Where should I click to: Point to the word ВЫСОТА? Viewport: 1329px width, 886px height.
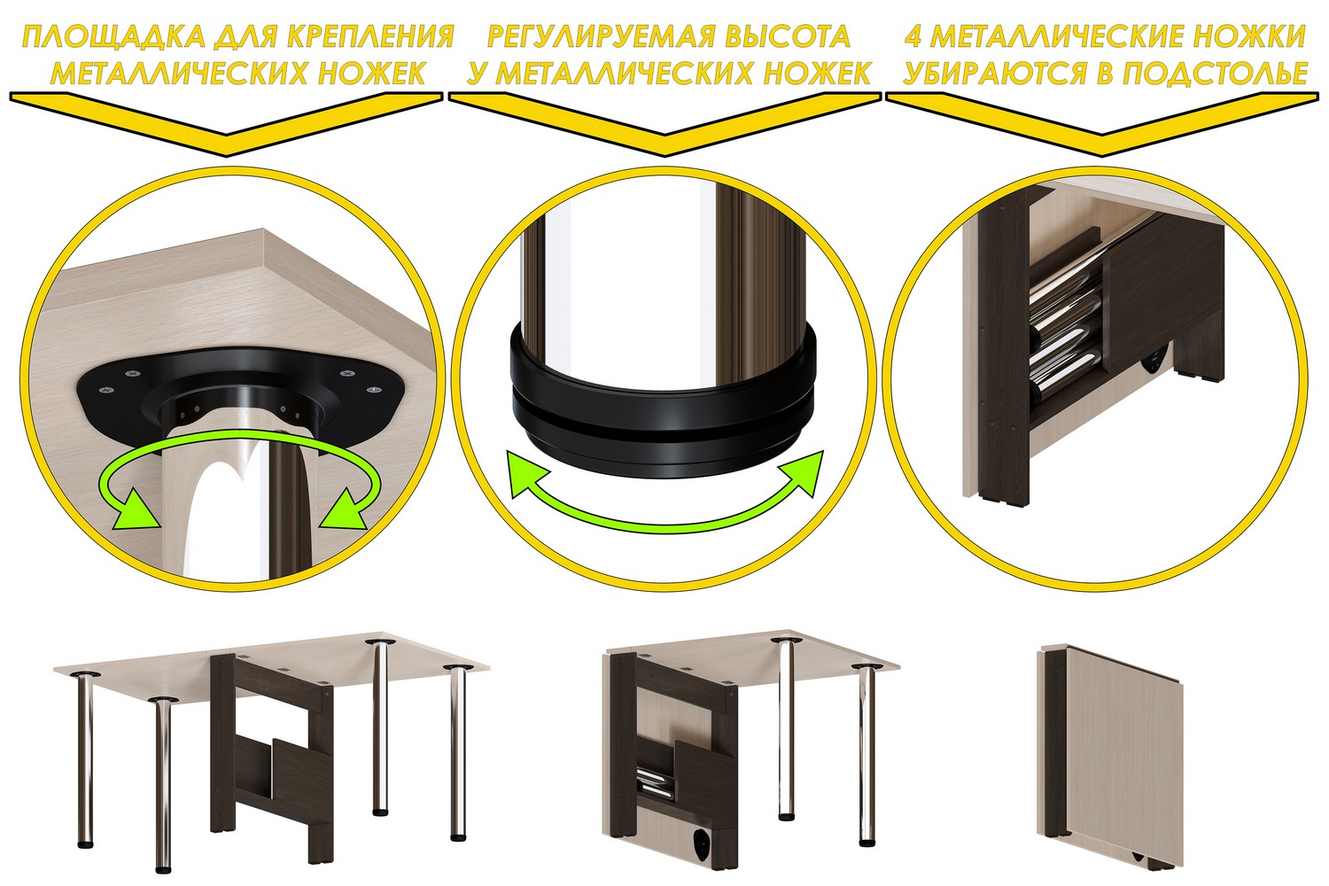(x=789, y=37)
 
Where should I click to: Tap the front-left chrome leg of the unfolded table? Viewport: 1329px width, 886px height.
(x=162, y=785)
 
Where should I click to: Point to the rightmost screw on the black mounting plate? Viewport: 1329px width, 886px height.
(x=373, y=390)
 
